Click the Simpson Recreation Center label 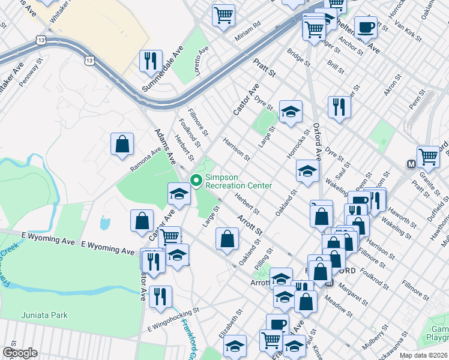coord(238,181)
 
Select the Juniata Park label coord(44,315)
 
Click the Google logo coord(20,353)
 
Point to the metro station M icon coord(412,164)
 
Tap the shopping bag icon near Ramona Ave coord(122,145)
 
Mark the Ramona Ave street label coord(146,160)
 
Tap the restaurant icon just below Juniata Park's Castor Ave coord(160,296)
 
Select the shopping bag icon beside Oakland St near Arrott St coord(227,238)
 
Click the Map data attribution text coord(424,355)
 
